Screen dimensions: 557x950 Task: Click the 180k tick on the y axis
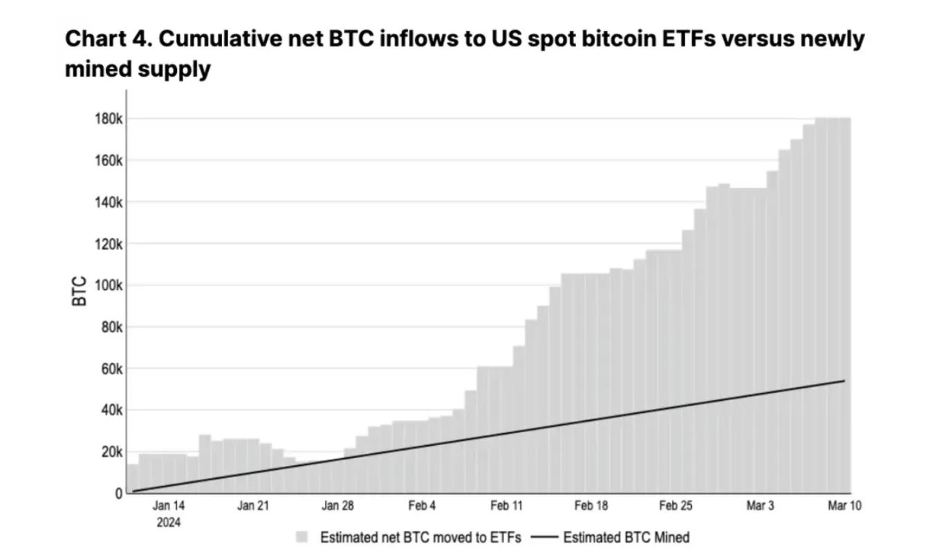tap(109, 119)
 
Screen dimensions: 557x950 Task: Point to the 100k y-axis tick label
tap(109, 285)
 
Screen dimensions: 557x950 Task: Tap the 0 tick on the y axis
tap(118, 493)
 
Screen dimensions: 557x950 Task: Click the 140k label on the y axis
tap(109, 202)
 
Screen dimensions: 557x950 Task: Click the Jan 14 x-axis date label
tap(169, 506)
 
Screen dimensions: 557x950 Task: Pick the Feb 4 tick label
tap(422, 506)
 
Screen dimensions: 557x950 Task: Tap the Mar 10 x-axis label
tap(844, 506)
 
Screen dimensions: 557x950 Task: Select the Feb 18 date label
tap(591, 506)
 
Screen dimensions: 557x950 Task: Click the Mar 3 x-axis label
tap(760, 506)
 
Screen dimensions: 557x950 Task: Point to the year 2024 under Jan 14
tap(169, 522)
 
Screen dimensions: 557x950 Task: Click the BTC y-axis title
tap(80, 291)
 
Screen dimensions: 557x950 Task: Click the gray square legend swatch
tap(301, 537)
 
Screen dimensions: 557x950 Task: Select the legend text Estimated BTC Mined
tap(626, 537)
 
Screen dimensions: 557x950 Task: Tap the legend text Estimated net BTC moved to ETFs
tap(420, 537)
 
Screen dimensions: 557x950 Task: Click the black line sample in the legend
tap(544, 537)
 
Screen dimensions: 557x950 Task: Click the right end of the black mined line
tap(844, 381)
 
